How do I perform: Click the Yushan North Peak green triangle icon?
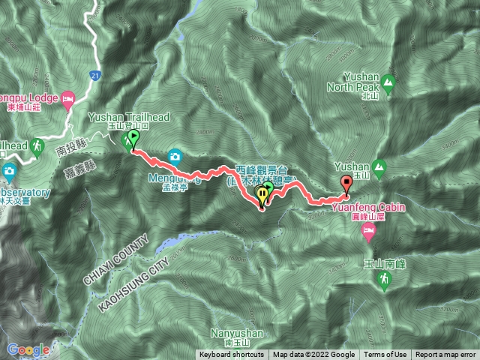(x=388, y=81)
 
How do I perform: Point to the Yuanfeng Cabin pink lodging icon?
(x=368, y=231)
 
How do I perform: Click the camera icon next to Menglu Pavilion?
(x=175, y=156)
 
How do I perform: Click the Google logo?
(x=28, y=349)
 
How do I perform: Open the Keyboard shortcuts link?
(x=232, y=355)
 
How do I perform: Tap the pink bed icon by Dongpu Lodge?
(x=67, y=98)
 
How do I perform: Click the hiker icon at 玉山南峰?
(x=383, y=280)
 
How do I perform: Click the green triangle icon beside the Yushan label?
(x=379, y=166)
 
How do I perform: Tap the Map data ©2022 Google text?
(x=314, y=355)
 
